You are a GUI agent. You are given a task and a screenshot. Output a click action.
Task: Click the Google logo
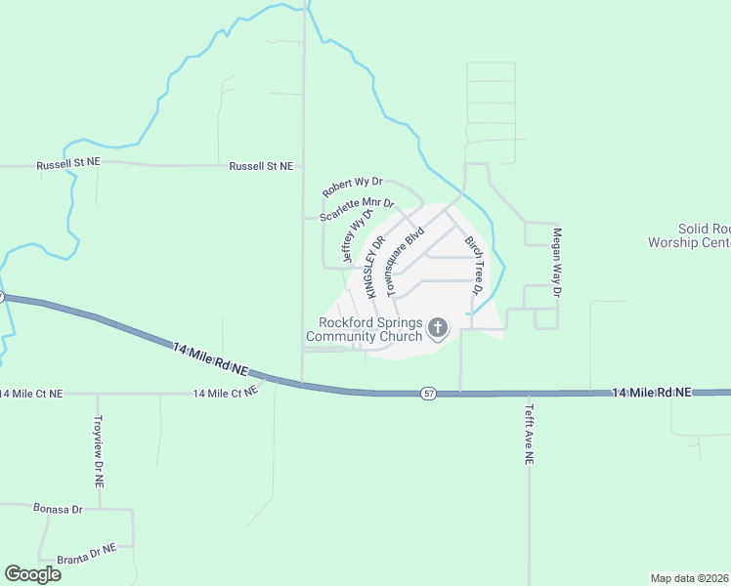(32, 574)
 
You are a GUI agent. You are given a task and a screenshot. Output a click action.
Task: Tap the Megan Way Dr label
(557, 263)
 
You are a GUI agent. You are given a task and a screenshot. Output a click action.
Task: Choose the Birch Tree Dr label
(474, 265)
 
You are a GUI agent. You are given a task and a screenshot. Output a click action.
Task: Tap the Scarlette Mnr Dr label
(356, 209)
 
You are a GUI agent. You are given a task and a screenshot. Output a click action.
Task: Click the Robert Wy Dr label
(353, 186)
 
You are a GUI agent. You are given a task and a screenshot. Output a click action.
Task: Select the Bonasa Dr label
(58, 510)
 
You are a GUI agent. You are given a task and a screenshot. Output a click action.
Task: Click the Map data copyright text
(689, 577)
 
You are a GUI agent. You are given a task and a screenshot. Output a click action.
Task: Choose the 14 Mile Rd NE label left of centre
(210, 359)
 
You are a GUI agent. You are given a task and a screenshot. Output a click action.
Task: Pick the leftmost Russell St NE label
(68, 163)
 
